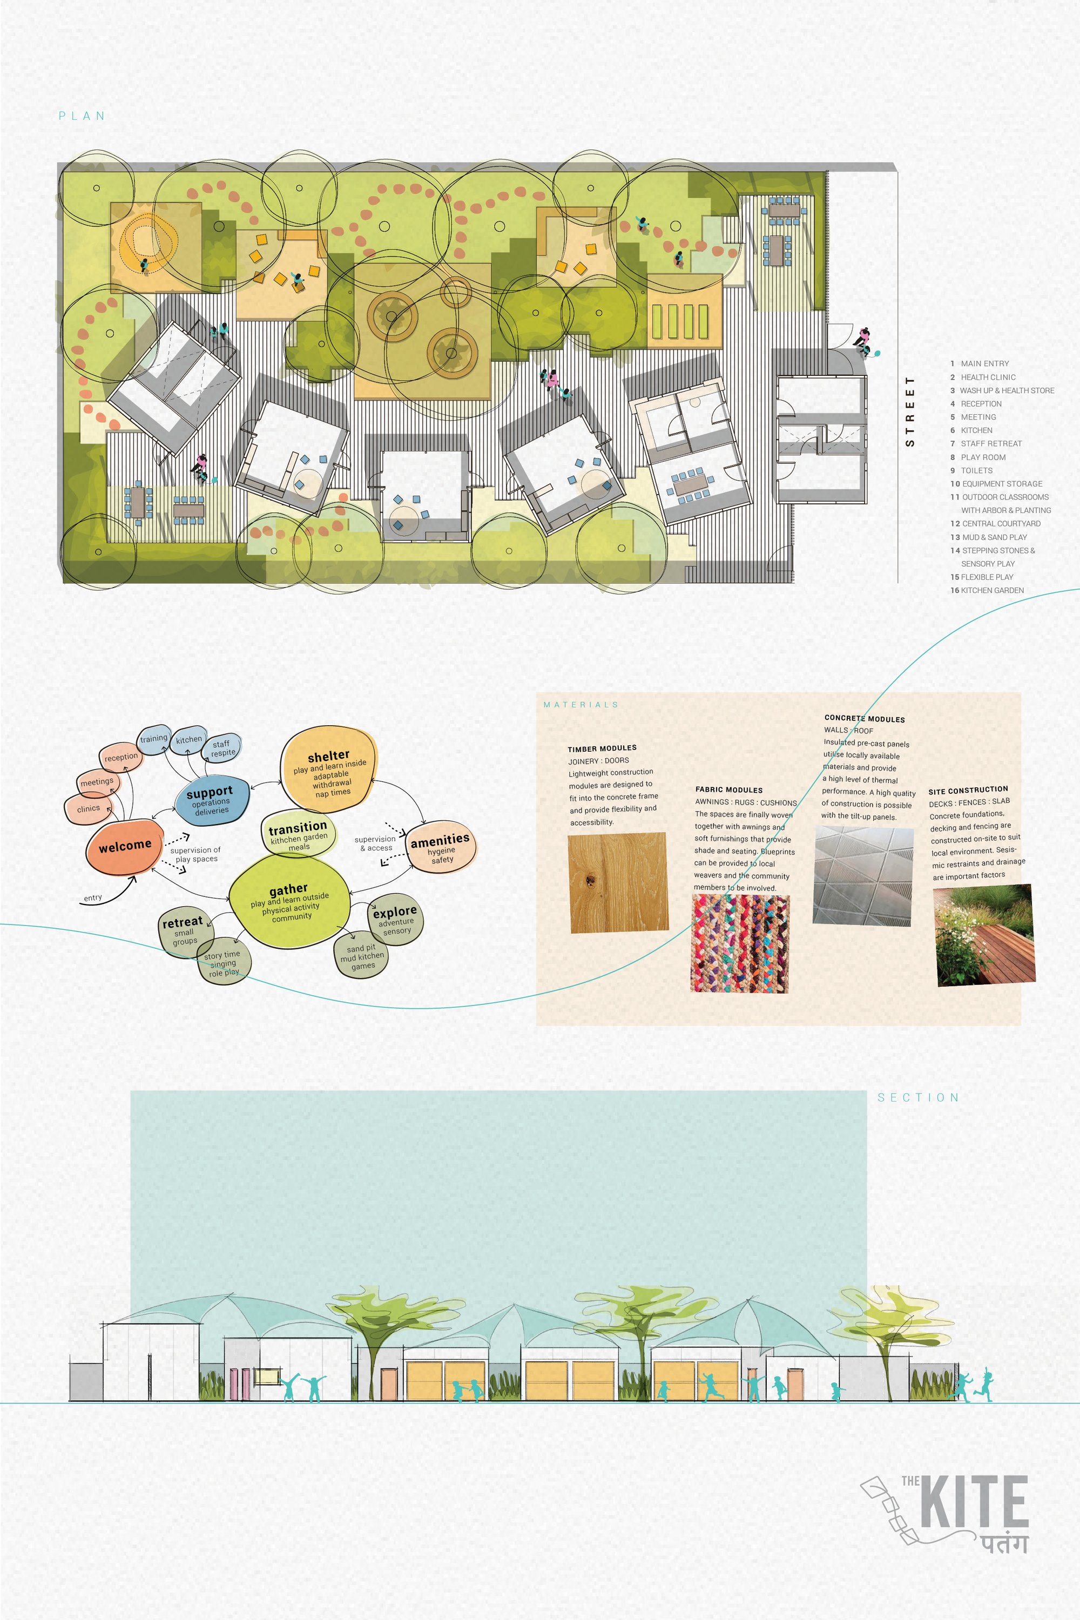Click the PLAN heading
click(82, 116)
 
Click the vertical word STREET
click(910, 411)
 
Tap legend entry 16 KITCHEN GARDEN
click(987, 590)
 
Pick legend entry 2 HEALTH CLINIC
click(983, 377)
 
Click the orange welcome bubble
click(124, 847)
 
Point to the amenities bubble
click(441, 847)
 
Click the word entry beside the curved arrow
click(93, 898)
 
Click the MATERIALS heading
click(580, 705)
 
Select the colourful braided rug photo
click(740, 943)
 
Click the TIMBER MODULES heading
click(602, 748)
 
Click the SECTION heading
click(918, 1098)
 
